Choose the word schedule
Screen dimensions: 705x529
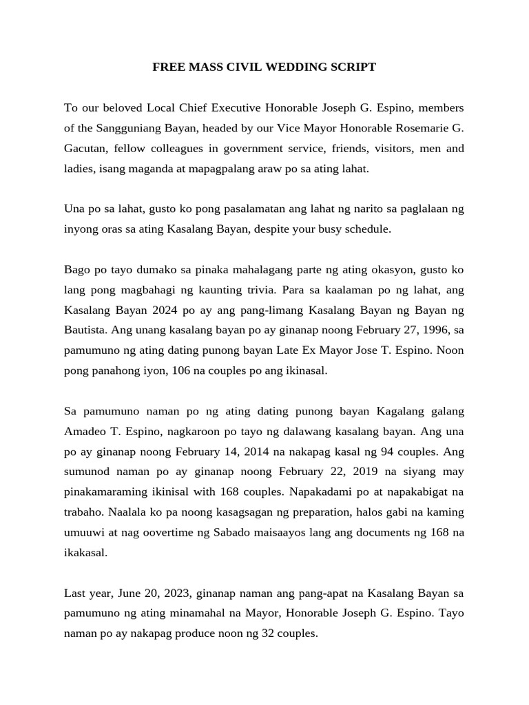click(x=367, y=229)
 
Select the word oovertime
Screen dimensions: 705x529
click(x=159, y=533)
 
